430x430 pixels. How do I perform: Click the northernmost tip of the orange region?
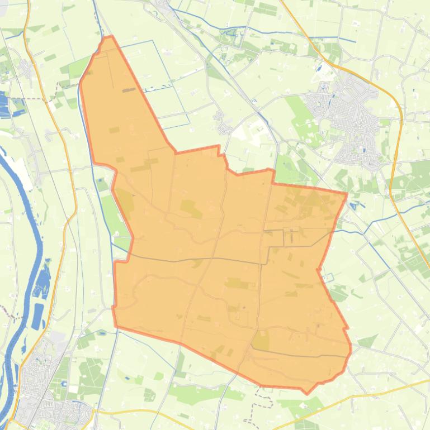[108, 37]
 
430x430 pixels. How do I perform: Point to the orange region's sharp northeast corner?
[347, 193]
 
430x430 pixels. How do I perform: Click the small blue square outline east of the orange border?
[329, 276]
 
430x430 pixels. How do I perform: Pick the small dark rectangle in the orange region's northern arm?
[129, 89]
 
